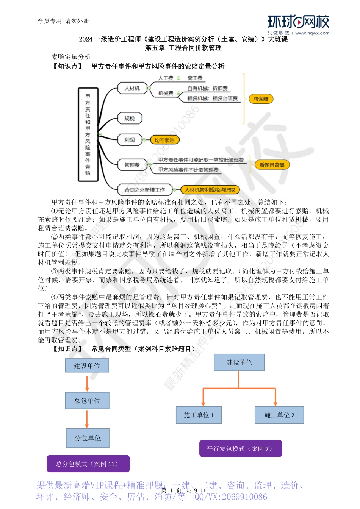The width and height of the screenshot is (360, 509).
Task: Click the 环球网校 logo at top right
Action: pos(298,23)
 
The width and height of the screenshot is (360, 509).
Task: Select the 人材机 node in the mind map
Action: pos(132,88)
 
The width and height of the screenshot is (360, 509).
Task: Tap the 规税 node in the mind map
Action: pos(130,119)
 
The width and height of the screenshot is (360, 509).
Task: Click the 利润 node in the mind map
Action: pos(130,140)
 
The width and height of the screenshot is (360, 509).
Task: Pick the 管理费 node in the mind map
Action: pos(132,165)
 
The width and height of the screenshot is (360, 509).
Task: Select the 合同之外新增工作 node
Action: pos(145,190)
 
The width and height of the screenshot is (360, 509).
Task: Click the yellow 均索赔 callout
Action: pos(261,99)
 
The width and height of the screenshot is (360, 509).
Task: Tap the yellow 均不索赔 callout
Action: pos(164,140)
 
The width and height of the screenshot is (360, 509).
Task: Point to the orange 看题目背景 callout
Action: pos(272,165)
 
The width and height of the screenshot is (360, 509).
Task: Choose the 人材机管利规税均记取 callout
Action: pos(210,190)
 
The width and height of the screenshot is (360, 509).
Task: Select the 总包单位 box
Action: pos(87,400)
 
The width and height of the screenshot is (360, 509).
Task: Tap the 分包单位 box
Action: pos(88,438)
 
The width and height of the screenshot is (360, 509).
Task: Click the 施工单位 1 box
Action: pos(199,415)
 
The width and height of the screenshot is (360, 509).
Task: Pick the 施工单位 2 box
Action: pos(279,415)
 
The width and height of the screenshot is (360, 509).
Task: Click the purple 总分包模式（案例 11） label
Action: pos(88,464)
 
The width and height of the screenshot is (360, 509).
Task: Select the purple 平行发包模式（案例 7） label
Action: pos(241,449)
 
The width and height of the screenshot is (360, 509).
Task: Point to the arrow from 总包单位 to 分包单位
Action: pos(87,418)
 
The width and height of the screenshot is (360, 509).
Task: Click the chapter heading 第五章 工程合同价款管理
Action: pos(183,48)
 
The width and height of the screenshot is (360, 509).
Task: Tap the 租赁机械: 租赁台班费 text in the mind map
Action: pos(212,98)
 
